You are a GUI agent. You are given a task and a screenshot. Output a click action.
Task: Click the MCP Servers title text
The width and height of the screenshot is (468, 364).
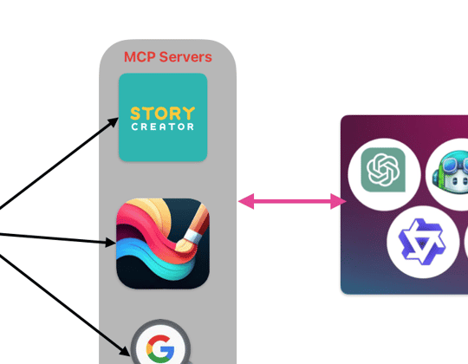pos(168,57)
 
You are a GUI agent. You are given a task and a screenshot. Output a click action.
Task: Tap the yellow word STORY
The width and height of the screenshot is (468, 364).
pos(163,114)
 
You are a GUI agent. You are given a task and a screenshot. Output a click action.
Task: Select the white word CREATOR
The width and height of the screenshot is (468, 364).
pos(163,127)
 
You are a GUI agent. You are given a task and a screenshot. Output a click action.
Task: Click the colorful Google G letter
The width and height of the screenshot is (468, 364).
pos(160,348)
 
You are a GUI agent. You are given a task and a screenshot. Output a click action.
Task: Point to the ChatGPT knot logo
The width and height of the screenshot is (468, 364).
pos(383,170)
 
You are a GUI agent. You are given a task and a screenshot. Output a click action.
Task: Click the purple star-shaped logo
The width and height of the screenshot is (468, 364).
pos(422,242)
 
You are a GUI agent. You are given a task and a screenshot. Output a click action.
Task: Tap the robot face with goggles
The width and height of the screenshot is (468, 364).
pos(451,173)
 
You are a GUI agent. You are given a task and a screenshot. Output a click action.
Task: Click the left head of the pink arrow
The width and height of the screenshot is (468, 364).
pos(246,201)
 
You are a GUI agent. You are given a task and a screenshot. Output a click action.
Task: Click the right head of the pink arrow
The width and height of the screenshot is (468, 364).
pos(338,201)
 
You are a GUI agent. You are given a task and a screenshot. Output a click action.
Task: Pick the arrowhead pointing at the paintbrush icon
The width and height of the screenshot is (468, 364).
pos(110,243)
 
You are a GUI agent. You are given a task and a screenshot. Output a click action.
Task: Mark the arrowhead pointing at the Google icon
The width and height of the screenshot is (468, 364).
pos(126,351)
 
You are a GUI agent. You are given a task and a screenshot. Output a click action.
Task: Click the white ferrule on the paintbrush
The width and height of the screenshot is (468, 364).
pos(192,237)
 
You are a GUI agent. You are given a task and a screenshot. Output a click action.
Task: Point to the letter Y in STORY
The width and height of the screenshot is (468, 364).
pos(189,113)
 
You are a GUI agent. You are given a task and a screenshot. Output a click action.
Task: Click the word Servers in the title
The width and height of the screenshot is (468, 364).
pos(185,57)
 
